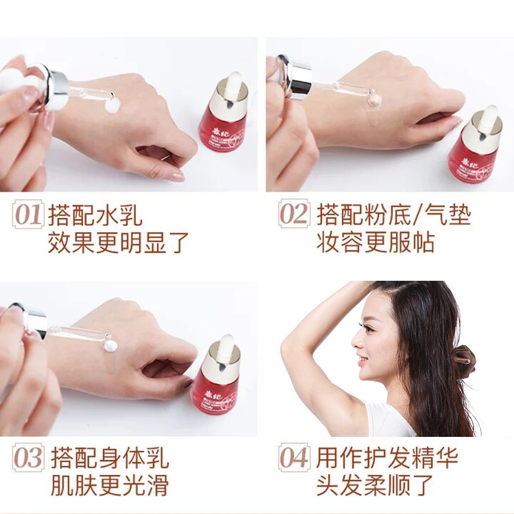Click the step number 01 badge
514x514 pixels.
tap(28, 215)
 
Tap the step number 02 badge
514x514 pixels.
tap(294, 213)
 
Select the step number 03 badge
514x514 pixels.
tap(28, 457)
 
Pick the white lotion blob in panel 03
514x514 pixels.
tap(110, 344)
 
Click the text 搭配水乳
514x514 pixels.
tap(95, 215)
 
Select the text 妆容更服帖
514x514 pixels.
tap(376, 242)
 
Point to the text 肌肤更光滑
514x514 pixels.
tap(110, 484)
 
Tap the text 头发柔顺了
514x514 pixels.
tap(375, 484)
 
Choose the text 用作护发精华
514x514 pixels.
tap(387, 457)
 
